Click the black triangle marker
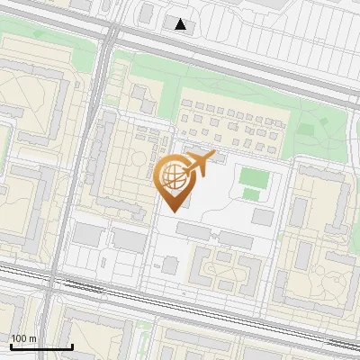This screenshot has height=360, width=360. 182,24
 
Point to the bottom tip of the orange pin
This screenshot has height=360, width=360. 172,211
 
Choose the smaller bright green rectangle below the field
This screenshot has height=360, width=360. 251,194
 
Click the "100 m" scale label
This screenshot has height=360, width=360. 23,338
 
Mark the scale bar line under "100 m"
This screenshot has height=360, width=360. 41,346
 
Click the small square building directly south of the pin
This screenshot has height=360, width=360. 170,265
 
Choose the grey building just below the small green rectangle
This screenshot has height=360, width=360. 263,216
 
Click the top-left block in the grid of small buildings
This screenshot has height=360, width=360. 185,105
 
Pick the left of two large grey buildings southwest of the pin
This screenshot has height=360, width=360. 88,234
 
